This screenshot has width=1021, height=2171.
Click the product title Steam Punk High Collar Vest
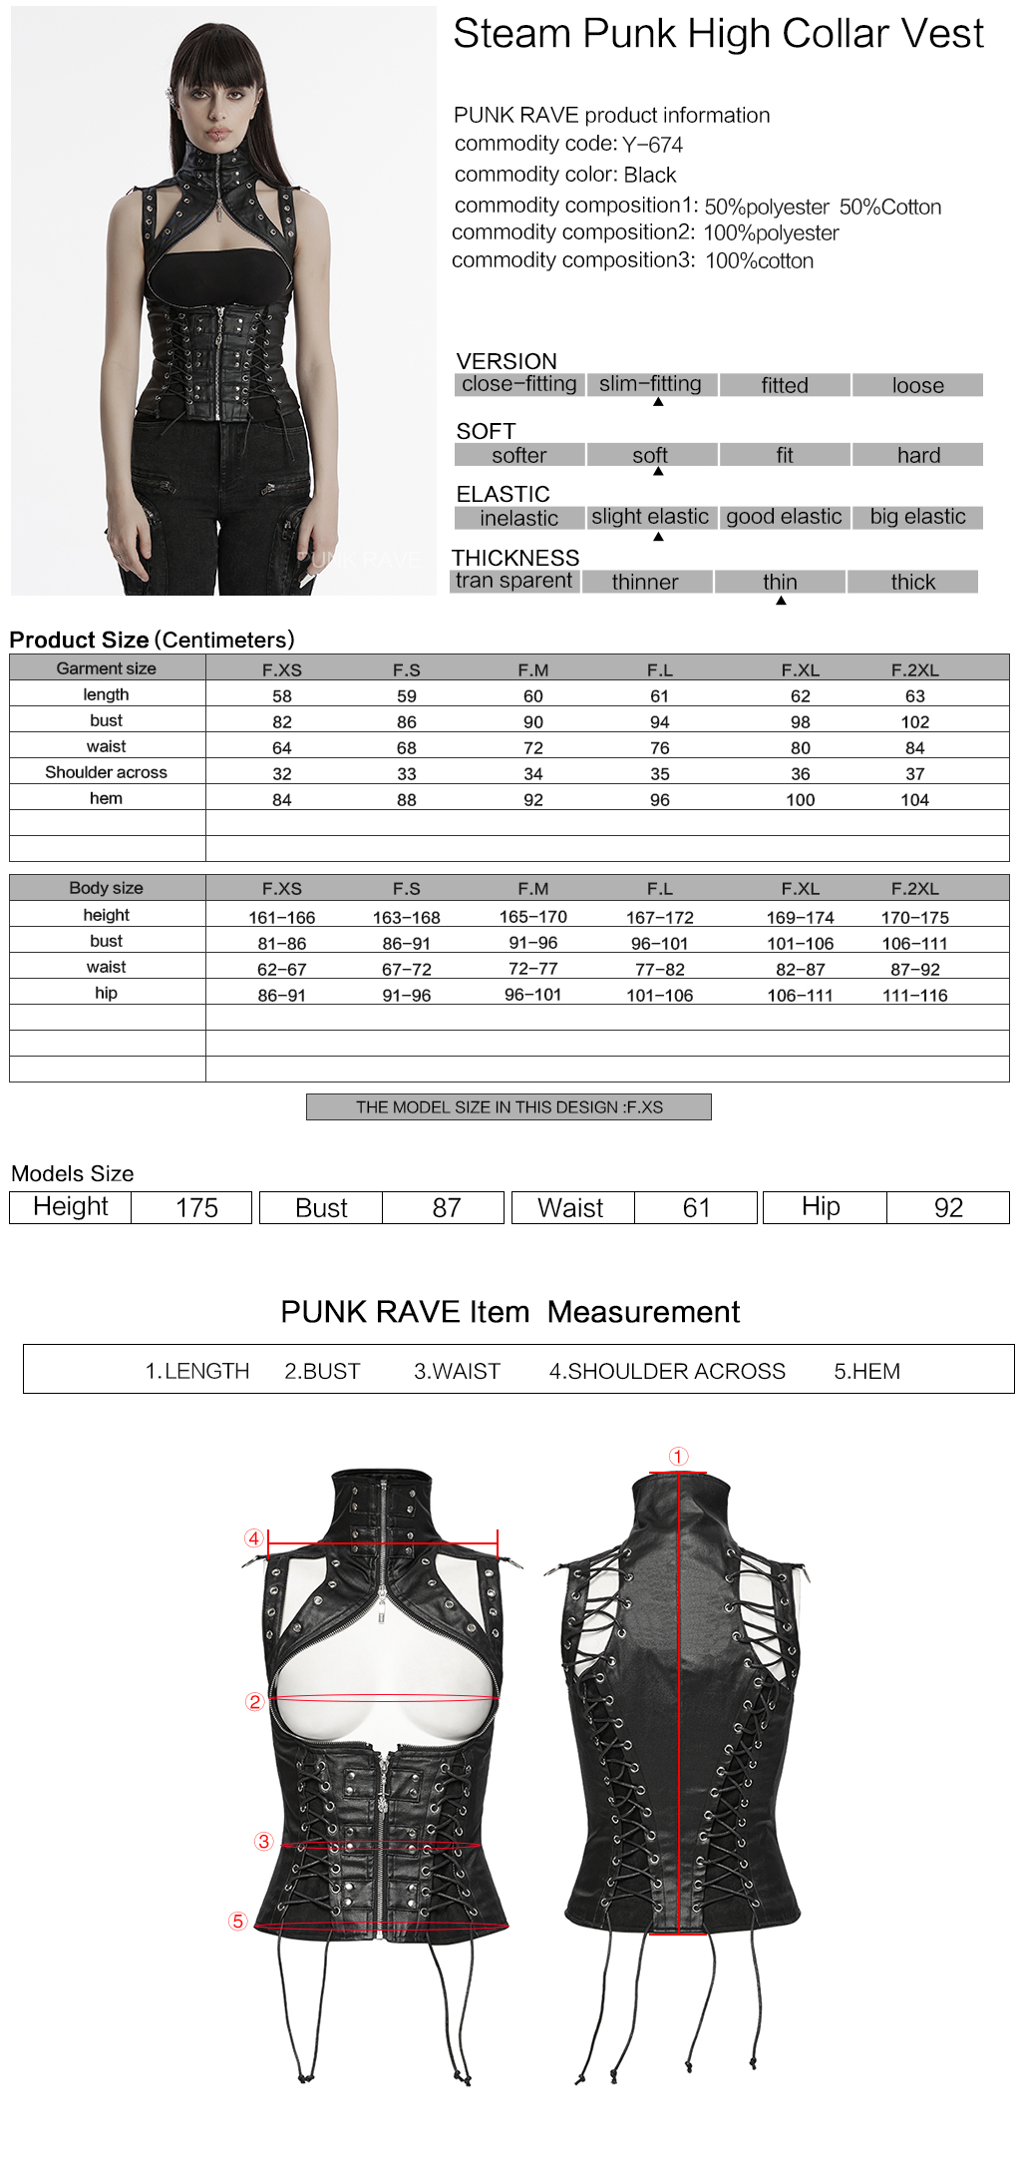coord(718,34)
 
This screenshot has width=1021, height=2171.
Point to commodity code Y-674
coord(652,145)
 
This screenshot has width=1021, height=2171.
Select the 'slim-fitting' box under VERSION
coord(651,384)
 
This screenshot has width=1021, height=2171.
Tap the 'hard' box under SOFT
coord(917,455)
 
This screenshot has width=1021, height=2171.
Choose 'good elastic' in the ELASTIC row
coord(784,517)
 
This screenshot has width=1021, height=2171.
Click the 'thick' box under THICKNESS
coord(912,582)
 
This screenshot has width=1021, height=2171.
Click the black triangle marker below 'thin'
coord(781,601)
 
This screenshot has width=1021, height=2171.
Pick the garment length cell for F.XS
coord(282,696)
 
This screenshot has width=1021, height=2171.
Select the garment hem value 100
coord(800,800)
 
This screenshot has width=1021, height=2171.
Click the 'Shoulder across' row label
coord(106,772)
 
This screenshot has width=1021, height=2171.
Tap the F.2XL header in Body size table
coord(914,889)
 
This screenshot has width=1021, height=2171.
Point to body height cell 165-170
coord(533,916)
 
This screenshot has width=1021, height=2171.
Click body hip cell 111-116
coord(914,995)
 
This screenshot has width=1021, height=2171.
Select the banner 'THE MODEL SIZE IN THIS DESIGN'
coord(509,1107)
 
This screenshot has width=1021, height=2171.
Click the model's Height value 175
coord(196,1208)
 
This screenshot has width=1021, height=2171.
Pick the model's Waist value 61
coord(696,1208)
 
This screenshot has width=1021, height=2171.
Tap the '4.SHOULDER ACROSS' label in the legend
coord(667,1372)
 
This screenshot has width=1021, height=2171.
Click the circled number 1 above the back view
coord(678,1457)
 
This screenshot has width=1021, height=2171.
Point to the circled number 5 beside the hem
coord(237,1921)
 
